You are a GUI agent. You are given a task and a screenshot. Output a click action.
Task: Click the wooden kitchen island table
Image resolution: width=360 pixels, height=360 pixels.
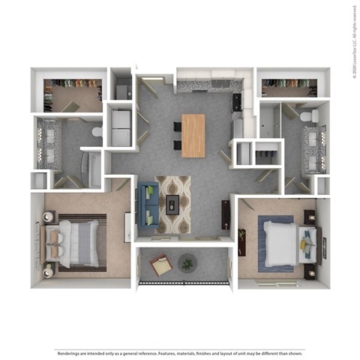193,135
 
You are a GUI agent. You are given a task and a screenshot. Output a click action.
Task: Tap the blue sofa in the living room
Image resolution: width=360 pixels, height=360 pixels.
148,205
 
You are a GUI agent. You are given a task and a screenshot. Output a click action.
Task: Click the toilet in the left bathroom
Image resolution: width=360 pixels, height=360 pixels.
96,132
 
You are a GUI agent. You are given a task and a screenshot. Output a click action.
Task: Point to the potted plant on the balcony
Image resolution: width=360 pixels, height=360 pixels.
187,262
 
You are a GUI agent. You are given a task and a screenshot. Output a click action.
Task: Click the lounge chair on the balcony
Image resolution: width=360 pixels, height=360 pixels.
160,265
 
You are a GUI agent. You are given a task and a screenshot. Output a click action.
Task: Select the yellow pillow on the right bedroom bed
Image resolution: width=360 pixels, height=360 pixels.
306,242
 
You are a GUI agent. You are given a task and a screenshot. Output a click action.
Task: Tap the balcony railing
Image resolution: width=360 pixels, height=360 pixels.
184,283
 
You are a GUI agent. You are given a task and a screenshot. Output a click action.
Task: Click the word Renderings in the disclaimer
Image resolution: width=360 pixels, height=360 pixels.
67,351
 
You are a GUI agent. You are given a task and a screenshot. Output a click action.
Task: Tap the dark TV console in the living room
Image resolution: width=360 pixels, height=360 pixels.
226,214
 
